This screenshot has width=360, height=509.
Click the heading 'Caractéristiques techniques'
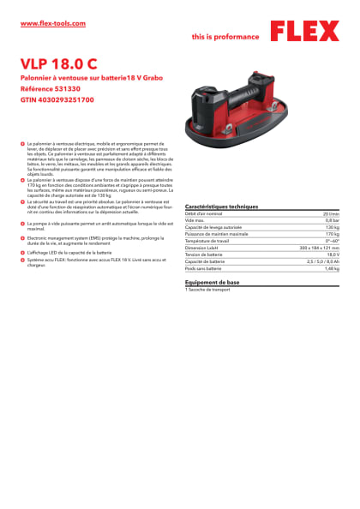coord(221,207)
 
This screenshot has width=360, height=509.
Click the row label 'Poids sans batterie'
coord(204,268)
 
